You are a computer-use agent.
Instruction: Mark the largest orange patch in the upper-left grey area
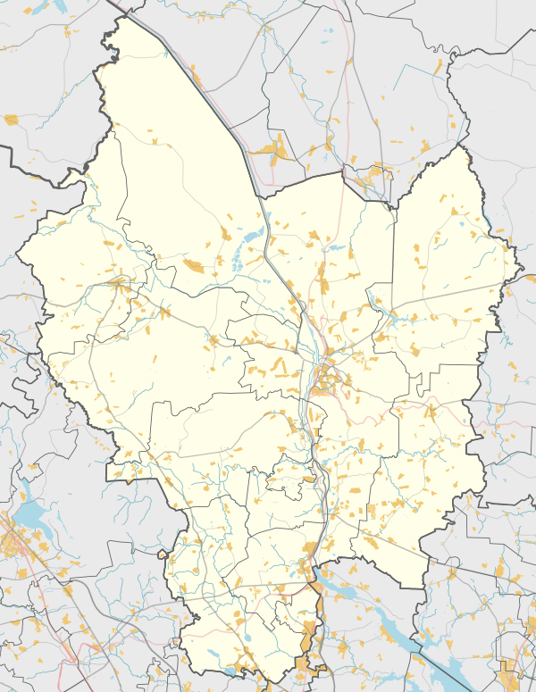tap(11, 119)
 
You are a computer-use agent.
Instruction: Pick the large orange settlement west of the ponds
tap(193, 264)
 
